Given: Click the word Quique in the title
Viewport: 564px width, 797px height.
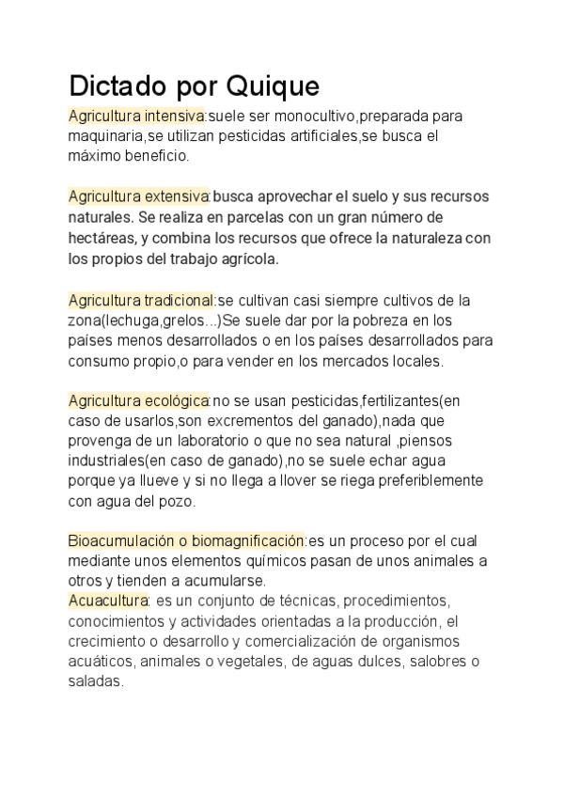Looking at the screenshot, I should [272, 86].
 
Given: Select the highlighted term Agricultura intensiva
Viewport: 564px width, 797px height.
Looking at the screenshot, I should [136, 117].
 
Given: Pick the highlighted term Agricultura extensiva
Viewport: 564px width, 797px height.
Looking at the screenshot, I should [138, 196].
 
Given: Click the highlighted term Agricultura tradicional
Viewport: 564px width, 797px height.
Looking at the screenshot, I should [141, 301].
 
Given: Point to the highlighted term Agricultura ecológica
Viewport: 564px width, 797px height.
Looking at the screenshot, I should [138, 401].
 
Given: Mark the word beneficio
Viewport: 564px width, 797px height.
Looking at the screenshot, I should [157, 156].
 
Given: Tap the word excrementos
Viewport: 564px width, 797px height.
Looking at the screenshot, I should [250, 421].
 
